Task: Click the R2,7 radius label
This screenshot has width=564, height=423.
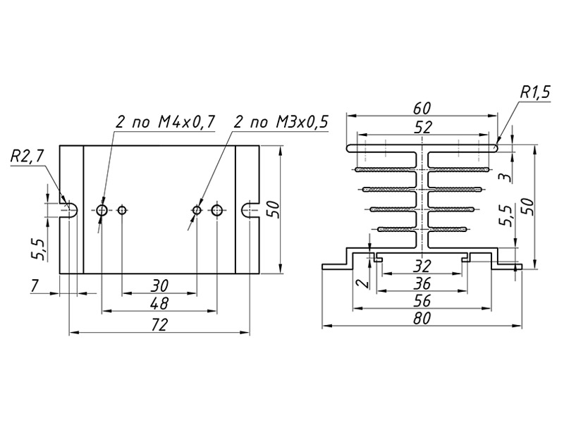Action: pos(27,156)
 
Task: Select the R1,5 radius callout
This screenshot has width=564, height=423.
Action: pos(535,93)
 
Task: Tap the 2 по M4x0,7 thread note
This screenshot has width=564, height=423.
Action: pos(165,122)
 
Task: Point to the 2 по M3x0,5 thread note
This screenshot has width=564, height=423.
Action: pos(281,122)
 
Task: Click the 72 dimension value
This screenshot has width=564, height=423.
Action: pos(159,325)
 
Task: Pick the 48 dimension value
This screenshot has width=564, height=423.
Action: pos(159,304)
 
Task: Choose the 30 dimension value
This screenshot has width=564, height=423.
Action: pos(159,286)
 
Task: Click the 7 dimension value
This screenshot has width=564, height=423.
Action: pos(35,286)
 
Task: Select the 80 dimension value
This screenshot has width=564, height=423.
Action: pos(422,319)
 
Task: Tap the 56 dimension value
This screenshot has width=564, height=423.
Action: pos(422,301)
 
